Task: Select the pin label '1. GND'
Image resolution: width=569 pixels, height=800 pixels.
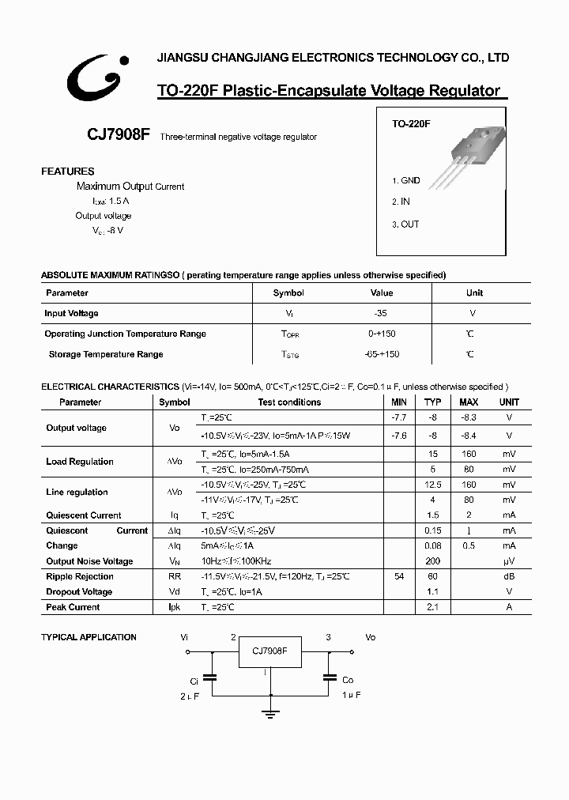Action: [406, 180]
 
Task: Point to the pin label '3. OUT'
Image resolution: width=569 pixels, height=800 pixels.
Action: [405, 225]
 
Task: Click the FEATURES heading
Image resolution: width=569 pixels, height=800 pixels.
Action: [67, 172]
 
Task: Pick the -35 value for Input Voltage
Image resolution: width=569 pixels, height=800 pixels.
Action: [381, 314]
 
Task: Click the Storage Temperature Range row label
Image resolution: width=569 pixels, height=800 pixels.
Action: [106, 355]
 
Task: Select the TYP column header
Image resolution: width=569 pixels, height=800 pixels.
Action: [433, 402]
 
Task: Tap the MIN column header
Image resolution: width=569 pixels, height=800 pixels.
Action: [399, 402]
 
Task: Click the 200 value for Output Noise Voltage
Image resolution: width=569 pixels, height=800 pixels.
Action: [433, 561]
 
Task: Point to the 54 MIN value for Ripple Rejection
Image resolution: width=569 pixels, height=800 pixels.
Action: [399, 577]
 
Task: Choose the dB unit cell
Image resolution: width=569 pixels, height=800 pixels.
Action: [509, 577]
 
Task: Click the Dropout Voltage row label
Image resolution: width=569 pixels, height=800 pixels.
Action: [79, 592]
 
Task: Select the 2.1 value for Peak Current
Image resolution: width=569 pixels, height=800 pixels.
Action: [433, 607]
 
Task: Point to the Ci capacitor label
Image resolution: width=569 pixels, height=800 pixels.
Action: [194, 680]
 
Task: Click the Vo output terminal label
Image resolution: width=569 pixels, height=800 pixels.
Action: [371, 637]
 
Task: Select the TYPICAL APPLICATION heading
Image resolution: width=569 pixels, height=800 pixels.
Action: [89, 637]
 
